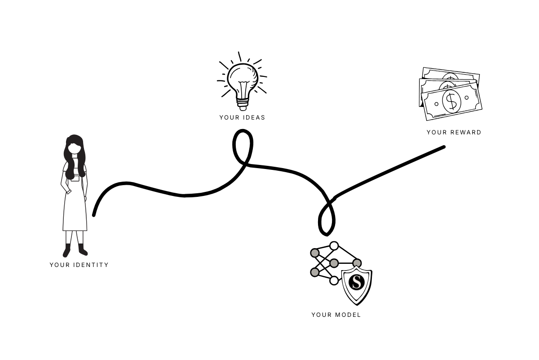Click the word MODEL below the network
[x=348, y=315]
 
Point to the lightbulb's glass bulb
[x=243, y=79]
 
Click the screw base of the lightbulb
[x=243, y=105]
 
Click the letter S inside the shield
[x=357, y=282]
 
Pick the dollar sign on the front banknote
[x=451, y=101]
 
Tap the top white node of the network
[x=334, y=246]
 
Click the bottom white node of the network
[x=334, y=280]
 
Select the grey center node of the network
[x=334, y=263]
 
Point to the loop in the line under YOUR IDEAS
[x=242, y=145]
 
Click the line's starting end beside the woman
[x=94, y=215]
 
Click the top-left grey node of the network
[x=315, y=253]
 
